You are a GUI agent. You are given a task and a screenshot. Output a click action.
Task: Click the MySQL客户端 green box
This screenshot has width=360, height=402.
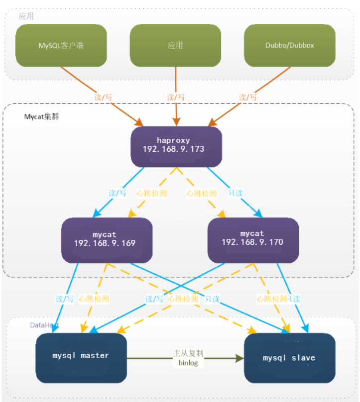point(61,45)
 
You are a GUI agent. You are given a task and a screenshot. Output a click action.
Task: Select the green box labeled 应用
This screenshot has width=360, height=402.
point(175,45)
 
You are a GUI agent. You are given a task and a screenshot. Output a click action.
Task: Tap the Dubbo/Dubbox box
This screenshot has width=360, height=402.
point(290,45)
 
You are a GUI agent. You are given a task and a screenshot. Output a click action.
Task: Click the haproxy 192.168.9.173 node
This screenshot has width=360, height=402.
point(176,145)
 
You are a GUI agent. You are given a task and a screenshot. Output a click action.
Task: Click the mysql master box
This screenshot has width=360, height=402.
point(81,356)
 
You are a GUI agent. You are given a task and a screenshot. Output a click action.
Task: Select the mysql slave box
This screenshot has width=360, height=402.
point(289,358)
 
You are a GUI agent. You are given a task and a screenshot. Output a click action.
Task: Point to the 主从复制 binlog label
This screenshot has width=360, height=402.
point(188,358)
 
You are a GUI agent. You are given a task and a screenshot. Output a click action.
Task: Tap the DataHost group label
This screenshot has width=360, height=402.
point(44,324)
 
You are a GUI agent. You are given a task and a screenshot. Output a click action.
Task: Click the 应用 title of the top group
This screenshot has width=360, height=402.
point(26,16)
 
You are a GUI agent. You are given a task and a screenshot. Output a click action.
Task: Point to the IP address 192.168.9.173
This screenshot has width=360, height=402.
point(176,149)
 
